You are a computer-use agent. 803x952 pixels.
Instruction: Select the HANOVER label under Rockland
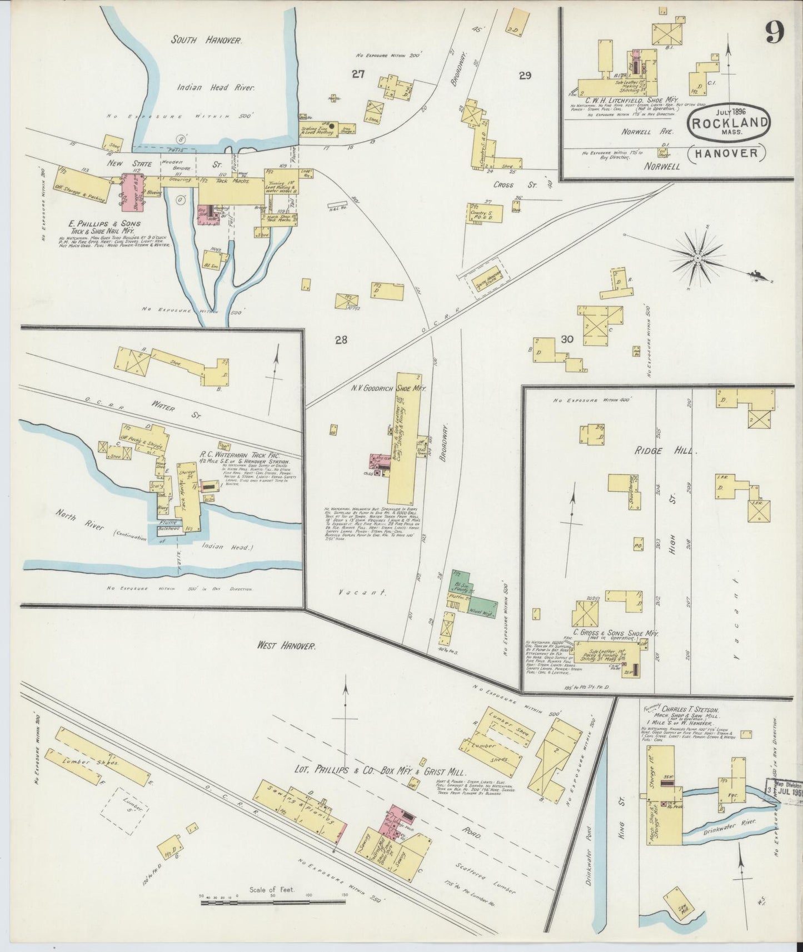pyautogui.click(x=728, y=153)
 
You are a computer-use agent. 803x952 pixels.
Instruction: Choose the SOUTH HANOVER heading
pyautogui.click(x=206, y=40)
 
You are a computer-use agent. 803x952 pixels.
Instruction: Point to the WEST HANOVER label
pyautogui.click(x=286, y=646)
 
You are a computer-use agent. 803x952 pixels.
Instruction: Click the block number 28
pyautogui.click(x=340, y=340)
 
